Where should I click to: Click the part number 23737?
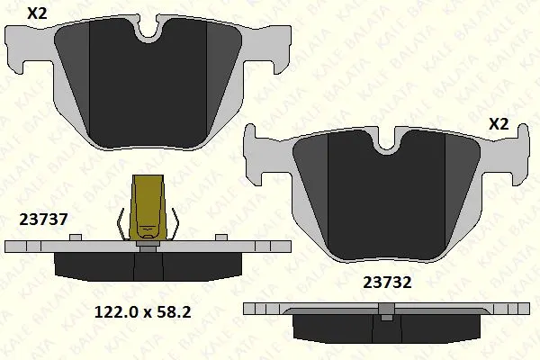(43, 220)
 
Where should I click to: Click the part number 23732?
(387, 283)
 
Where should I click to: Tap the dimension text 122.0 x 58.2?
(142, 312)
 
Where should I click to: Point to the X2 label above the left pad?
(37, 13)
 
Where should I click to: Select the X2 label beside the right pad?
(499, 124)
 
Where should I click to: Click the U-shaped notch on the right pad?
(387, 142)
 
